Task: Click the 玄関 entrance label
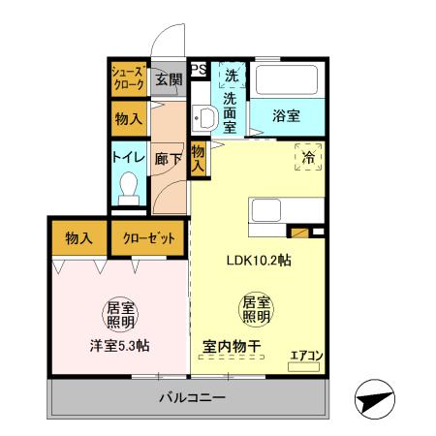coord(168,79)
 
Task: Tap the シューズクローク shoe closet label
coord(127,78)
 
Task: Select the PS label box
coord(198,69)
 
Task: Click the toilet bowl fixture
coord(127,185)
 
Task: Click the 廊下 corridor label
coord(168,158)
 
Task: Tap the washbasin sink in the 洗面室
coord(204,119)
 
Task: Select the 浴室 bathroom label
coord(286,115)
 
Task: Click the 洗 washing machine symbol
coord(232,75)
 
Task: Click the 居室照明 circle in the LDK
coord(255,309)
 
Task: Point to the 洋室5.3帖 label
coord(119,346)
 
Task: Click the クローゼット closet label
coord(148,237)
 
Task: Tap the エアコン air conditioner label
coord(306,356)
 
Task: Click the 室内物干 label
coord(231,346)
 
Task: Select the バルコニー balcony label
coord(193,398)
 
